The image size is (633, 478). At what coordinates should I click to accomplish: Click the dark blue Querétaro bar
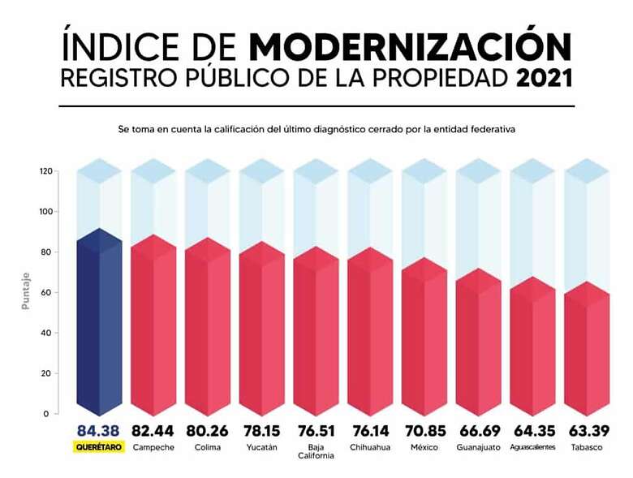coord(98,325)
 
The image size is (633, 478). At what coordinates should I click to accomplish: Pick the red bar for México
coord(424,341)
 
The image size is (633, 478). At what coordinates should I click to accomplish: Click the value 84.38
coord(98,431)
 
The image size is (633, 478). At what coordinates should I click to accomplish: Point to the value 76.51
coord(316,431)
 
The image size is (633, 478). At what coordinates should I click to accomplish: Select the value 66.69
coord(479,431)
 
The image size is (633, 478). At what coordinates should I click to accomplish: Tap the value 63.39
coord(587,431)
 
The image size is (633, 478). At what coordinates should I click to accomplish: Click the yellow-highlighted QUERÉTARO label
coord(98,446)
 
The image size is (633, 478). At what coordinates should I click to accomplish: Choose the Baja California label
coord(316,451)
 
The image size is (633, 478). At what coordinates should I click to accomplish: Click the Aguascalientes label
coord(533,447)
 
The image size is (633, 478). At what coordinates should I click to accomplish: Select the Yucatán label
coord(261,447)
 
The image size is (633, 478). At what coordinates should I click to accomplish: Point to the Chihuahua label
coord(370,447)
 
